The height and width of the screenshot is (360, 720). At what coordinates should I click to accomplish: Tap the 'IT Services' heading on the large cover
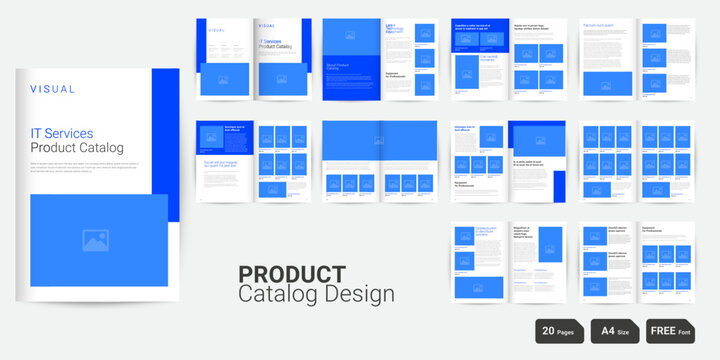pos(62,133)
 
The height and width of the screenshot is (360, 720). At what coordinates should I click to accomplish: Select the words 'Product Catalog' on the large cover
pos(77,148)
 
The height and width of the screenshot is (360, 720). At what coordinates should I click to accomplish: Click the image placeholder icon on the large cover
pos(96,239)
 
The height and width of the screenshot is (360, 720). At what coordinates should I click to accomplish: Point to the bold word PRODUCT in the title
pos(292,274)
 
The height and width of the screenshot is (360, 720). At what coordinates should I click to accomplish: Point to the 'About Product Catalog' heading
pos(339,68)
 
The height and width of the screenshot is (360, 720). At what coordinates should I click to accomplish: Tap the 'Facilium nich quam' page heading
pos(600,26)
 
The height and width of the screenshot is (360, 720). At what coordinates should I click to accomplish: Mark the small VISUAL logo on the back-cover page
pos(216,30)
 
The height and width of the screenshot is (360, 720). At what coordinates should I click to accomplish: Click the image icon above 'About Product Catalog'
pos(351,36)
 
